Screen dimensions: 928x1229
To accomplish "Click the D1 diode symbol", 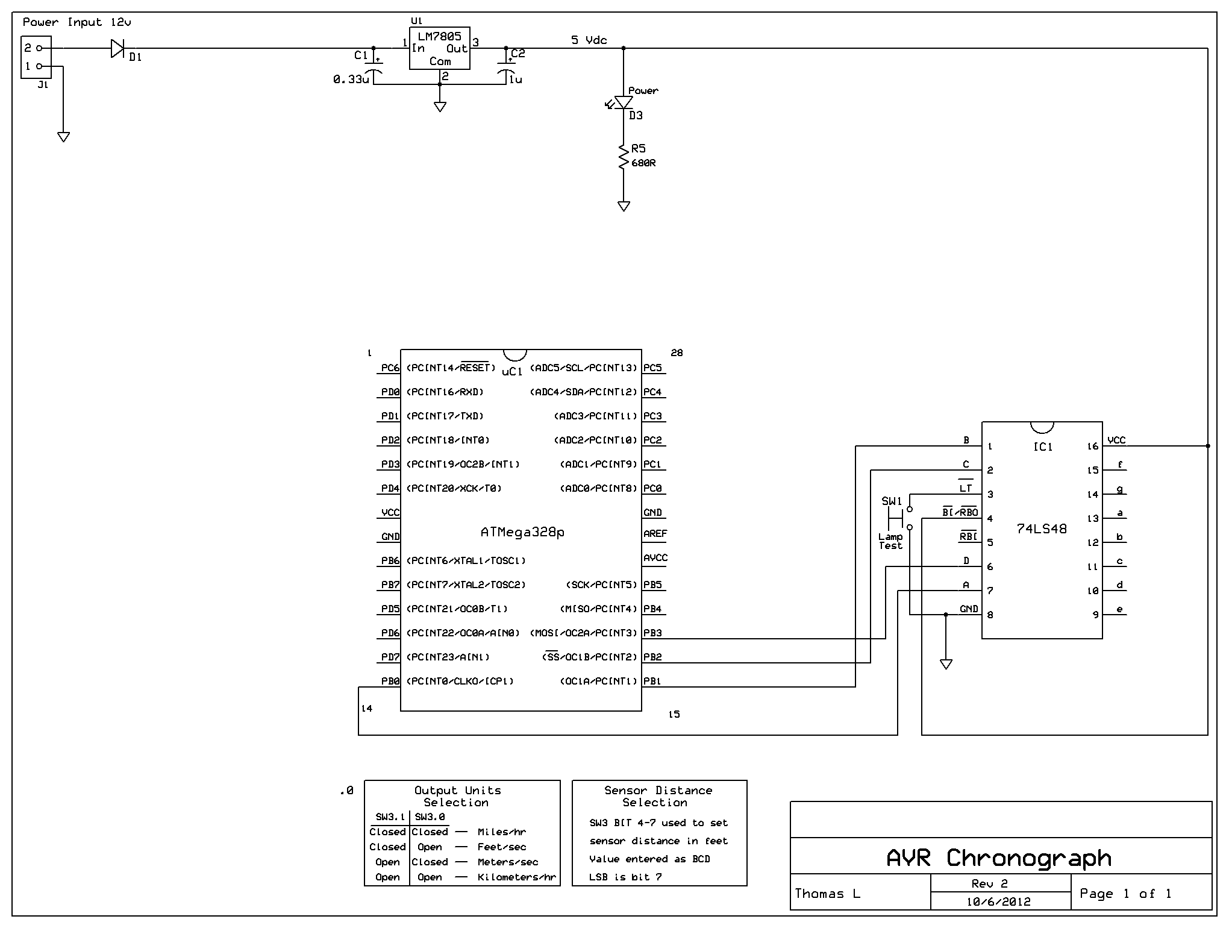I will tap(118, 48).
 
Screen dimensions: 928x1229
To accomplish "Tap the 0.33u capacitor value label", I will tap(351, 80).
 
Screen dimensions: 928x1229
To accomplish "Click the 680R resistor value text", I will tap(643, 163).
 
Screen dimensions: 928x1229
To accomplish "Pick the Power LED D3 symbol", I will tap(624, 103).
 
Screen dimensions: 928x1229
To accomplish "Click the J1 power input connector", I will tap(36, 57).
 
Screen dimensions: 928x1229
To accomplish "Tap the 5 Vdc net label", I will tap(589, 40).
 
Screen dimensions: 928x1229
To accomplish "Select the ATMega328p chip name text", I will tap(522, 533).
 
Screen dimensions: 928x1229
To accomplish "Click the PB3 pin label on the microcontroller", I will tap(652, 633).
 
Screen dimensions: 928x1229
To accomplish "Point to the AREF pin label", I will tap(655, 534).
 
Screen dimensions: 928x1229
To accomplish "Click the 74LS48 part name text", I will tap(1042, 529).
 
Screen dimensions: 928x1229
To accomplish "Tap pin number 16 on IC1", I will tap(1093, 447).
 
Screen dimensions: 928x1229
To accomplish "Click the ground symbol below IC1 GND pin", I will tap(946, 664).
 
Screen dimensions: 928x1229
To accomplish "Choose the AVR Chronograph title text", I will tap(999, 857).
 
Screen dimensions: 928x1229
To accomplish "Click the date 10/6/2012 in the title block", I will tap(998, 902).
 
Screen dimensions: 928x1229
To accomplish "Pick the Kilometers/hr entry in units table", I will tap(516, 877).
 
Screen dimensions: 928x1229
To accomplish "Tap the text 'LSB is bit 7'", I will tap(625, 877).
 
